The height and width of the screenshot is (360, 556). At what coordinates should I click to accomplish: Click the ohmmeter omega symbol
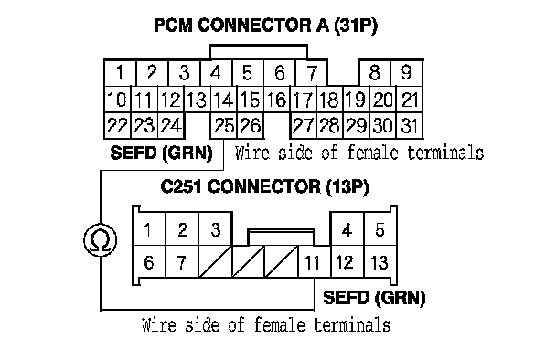click(101, 240)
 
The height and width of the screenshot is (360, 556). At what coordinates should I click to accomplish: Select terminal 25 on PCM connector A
click(224, 125)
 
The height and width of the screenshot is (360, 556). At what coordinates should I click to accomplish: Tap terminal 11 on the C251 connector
click(315, 262)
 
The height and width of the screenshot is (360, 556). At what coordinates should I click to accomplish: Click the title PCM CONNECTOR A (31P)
click(265, 26)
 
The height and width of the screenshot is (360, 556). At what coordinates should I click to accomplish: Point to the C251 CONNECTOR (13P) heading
click(264, 186)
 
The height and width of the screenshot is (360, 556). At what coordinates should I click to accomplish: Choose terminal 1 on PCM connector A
click(120, 72)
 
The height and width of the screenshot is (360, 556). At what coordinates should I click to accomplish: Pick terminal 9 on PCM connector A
click(406, 72)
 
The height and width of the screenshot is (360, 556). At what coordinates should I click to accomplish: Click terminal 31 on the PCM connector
click(410, 125)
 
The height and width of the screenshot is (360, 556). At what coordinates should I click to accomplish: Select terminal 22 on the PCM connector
click(118, 125)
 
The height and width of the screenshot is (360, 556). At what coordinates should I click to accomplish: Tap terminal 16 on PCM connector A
click(276, 100)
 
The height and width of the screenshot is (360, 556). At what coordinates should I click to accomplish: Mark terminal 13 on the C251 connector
click(380, 262)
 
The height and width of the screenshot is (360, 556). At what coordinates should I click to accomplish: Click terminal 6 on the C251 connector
click(149, 262)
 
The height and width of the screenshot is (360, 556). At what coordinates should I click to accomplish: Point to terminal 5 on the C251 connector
click(380, 229)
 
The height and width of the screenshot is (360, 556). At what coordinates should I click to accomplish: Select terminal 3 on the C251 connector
click(216, 229)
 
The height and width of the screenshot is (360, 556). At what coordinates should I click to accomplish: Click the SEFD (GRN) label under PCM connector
click(161, 154)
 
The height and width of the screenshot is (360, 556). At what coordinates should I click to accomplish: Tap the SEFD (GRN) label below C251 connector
click(374, 298)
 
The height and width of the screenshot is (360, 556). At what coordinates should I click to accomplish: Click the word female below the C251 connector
click(280, 325)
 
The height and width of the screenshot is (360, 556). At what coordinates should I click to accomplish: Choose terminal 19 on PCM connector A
click(356, 100)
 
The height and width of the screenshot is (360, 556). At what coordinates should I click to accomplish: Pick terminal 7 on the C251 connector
click(182, 262)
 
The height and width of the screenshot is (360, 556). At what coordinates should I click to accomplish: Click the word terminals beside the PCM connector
click(445, 153)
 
